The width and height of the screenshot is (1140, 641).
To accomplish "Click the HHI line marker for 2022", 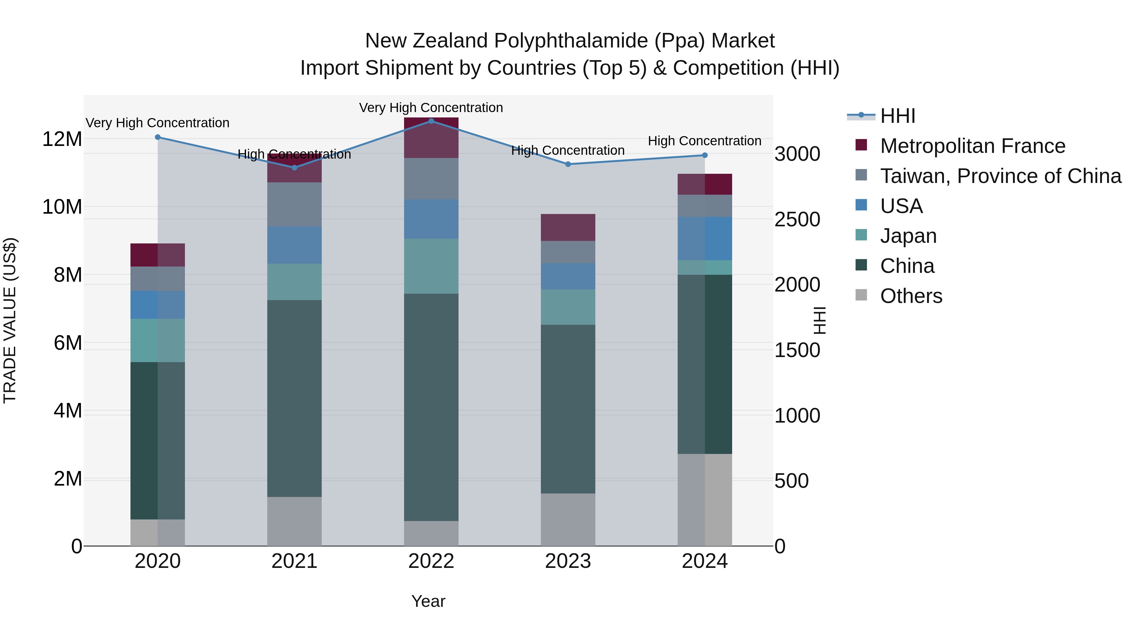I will (431, 121).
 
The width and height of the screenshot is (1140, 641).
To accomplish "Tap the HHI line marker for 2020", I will (158, 137).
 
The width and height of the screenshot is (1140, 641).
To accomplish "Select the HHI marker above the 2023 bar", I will (568, 164).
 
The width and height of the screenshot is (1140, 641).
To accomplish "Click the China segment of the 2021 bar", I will (294, 398).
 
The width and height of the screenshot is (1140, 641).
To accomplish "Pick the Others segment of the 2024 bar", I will (705, 500).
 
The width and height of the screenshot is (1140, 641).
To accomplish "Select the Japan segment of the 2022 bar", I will (431, 266).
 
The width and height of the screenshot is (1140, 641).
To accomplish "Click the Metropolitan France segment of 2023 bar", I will (568, 227).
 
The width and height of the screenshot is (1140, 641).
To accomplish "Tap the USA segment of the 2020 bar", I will (158, 305).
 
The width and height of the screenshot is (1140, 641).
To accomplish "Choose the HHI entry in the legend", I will (897, 116).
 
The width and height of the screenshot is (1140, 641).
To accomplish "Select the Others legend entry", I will (911, 296).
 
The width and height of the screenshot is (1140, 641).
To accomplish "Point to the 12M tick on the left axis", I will (62, 139).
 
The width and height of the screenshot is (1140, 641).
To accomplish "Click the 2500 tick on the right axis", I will (797, 219).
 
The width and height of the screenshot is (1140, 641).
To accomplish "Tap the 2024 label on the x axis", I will (705, 561).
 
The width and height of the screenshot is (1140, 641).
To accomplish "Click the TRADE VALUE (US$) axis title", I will (10, 320).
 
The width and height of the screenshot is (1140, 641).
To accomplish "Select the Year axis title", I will (428, 601).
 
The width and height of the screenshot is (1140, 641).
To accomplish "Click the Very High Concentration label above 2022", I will (431, 108).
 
